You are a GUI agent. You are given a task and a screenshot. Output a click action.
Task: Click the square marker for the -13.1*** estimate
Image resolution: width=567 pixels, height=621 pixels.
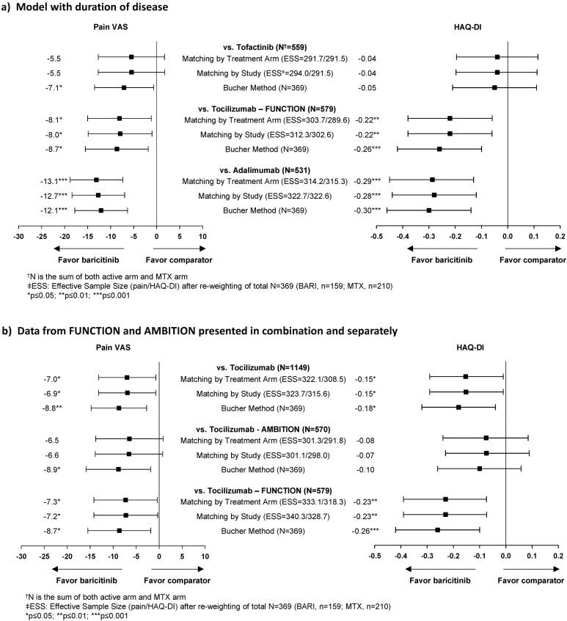point(96,180)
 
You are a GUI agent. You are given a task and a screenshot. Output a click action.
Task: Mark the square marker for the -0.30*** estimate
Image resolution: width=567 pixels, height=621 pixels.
point(429,210)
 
